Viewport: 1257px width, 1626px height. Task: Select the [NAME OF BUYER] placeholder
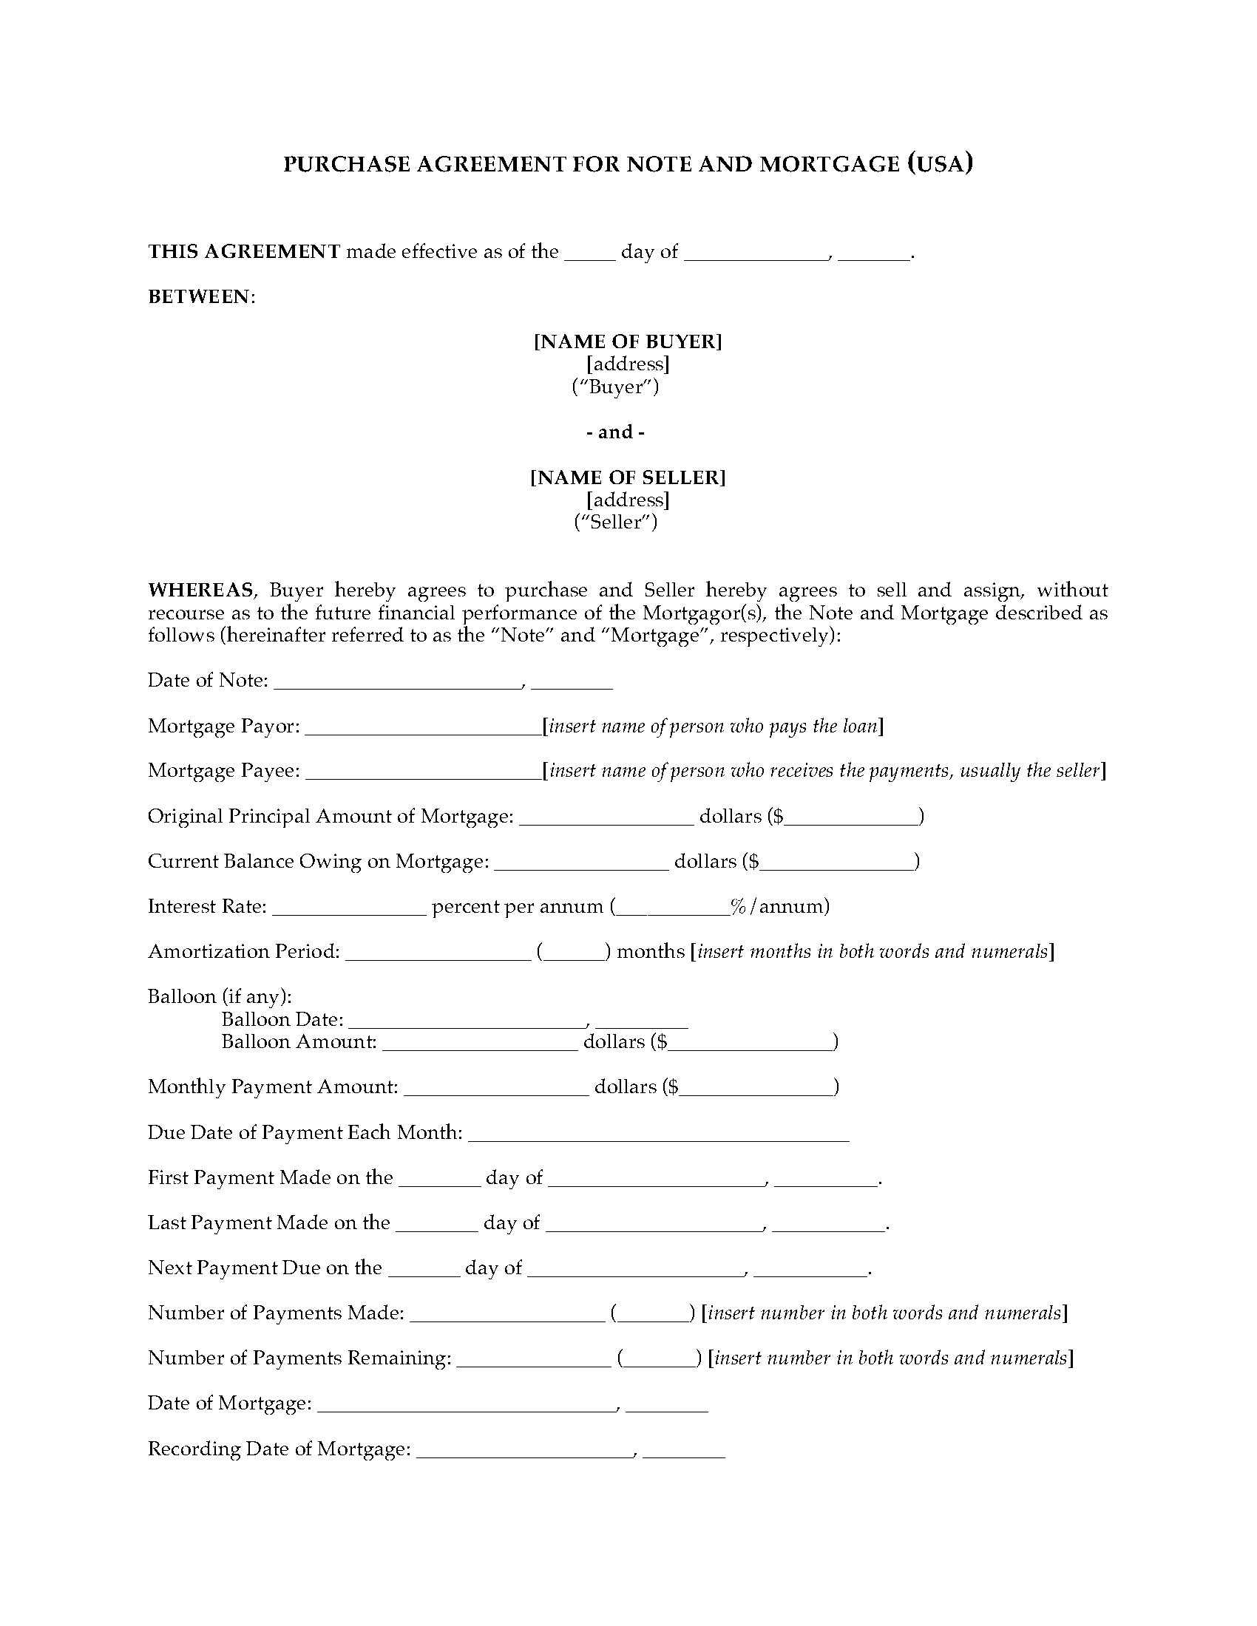pyautogui.click(x=628, y=341)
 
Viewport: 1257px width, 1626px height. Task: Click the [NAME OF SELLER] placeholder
pyautogui.click(x=628, y=477)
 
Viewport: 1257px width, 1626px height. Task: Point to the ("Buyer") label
pyautogui.click(x=615, y=387)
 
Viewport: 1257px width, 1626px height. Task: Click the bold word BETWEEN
pyautogui.click(x=200, y=296)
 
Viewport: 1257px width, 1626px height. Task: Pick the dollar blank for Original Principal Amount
pyautogui.click(x=851, y=821)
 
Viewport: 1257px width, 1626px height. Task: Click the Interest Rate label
pyautogui.click(x=207, y=906)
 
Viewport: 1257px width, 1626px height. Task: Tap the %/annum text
pyautogui.click(x=779, y=906)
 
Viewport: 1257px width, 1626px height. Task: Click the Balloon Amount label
pyautogui.click(x=299, y=1041)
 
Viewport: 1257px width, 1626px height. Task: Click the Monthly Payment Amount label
pyautogui.click(x=273, y=1086)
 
